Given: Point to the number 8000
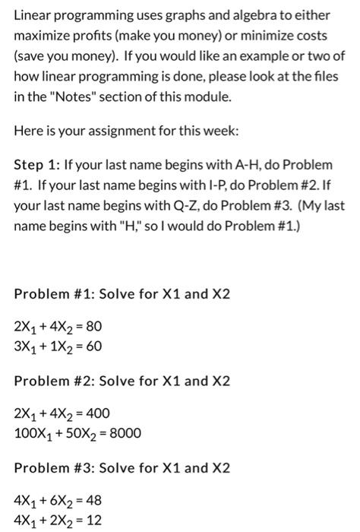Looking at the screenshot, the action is [125, 434].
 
